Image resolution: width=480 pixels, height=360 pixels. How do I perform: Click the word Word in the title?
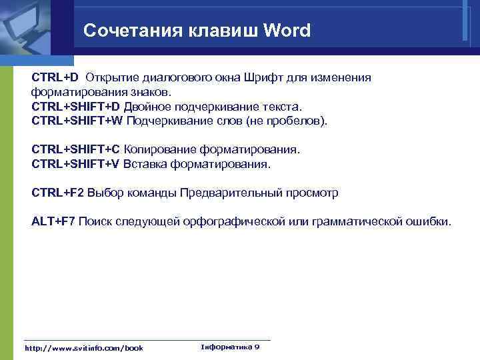pos(287,31)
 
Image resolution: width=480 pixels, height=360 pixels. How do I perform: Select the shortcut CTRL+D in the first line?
pos(55,78)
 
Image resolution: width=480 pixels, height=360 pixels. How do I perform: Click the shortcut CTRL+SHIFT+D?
pos(76,107)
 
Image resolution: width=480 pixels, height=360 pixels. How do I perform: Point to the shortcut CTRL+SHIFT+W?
pos(77,121)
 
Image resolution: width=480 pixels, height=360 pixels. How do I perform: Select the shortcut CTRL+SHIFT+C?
pos(76,150)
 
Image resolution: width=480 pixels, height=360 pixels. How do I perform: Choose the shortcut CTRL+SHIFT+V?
pos(76,164)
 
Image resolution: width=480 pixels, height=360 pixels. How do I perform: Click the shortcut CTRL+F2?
pos(58,193)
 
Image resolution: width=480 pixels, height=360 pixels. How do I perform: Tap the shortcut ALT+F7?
pos(53,221)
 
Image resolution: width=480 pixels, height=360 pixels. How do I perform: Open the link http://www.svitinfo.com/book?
pos(83,348)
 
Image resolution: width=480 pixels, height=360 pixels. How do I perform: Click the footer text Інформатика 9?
pos(230,347)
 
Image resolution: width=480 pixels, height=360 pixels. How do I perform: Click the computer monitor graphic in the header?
pos(30,27)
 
